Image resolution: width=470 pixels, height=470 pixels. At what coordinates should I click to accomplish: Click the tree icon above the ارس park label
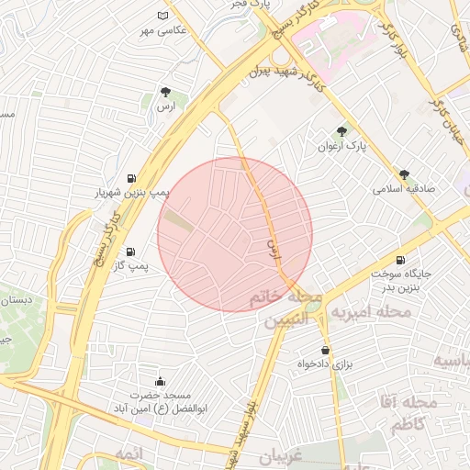point(165,92)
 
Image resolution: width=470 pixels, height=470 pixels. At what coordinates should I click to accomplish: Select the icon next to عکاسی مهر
point(163,16)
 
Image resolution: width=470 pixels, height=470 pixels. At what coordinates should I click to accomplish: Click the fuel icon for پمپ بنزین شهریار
point(133,178)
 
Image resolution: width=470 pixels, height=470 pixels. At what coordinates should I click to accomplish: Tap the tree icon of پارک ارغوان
point(342,131)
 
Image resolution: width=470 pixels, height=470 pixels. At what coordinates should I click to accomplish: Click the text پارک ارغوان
point(342,146)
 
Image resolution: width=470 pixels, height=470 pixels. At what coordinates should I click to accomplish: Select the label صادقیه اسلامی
point(403,189)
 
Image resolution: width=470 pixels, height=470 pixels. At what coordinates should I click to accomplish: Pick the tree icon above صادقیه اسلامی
point(404,173)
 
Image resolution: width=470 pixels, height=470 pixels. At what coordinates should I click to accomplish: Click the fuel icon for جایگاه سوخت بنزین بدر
point(400,260)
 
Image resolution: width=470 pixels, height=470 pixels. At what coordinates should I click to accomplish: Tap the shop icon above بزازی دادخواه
point(325,351)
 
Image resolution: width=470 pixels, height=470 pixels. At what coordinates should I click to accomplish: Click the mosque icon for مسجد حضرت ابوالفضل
point(161,381)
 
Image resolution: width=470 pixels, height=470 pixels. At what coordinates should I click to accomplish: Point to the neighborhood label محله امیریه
point(371,313)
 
